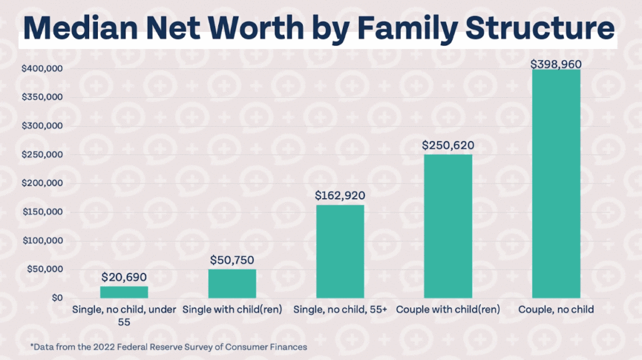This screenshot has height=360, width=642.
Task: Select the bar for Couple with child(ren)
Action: [x=448, y=226]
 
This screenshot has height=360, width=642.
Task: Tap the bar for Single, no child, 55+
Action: [x=340, y=251]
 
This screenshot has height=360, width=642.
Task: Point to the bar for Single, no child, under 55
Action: [x=124, y=292]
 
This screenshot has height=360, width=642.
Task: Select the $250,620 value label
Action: [x=448, y=146]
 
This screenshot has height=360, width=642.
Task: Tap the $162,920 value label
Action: [x=340, y=196]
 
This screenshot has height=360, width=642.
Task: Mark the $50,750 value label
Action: [x=232, y=260]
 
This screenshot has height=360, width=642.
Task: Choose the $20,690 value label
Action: [x=124, y=277]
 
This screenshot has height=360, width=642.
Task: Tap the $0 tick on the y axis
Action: [x=57, y=298]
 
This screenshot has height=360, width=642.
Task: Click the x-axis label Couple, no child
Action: [x=556, y=309]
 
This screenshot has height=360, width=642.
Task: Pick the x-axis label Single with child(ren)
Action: [x=232, y=309]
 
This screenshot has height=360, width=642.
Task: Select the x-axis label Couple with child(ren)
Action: [x=448, y=309]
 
